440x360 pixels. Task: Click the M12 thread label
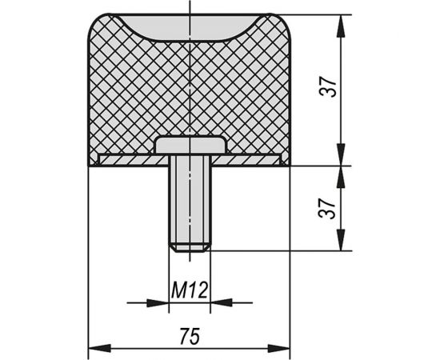[190, 290]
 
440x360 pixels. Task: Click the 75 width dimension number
[190, 336]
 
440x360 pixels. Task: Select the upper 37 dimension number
[328, 86]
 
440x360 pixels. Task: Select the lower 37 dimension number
[327, 209]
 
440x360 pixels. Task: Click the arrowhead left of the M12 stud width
[158, 302]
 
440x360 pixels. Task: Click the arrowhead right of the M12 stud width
[221, 302]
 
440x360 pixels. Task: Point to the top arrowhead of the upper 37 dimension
[341, 26]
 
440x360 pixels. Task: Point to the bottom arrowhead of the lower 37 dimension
[341, 240]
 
